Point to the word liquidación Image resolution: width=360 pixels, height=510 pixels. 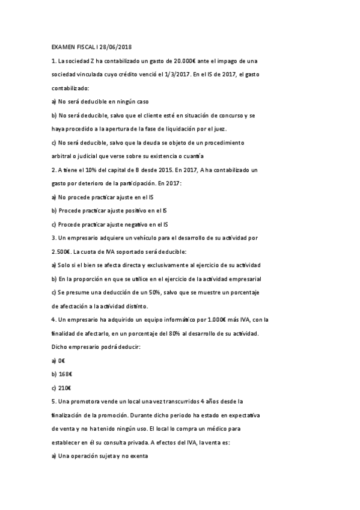pyautogui.click(x=165, y=129)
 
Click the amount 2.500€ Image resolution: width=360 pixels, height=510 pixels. pyautogui.click(x=63, y=251)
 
